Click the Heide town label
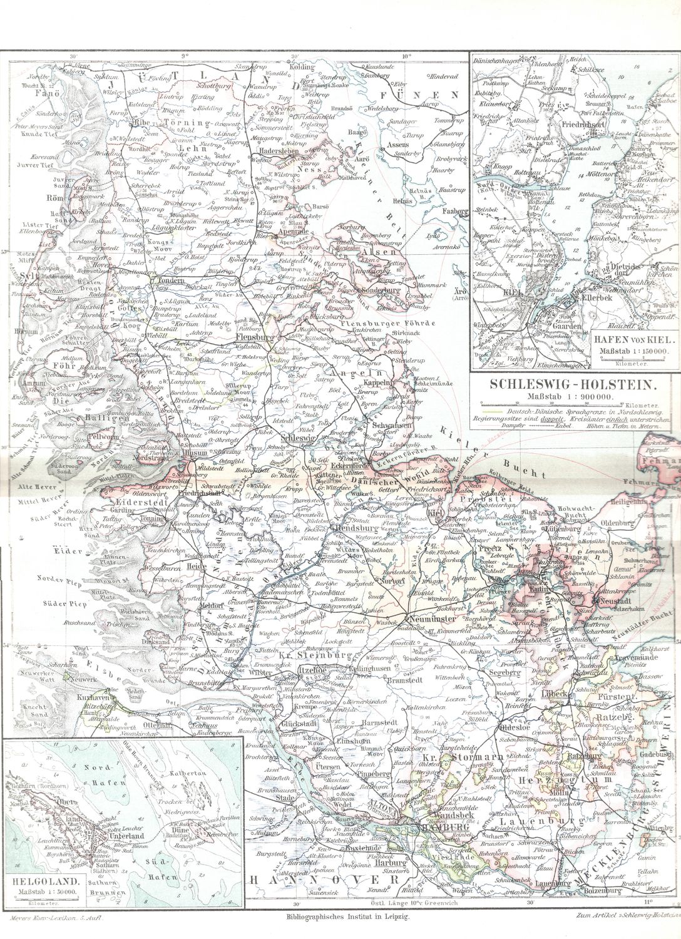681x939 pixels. point(196,566)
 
